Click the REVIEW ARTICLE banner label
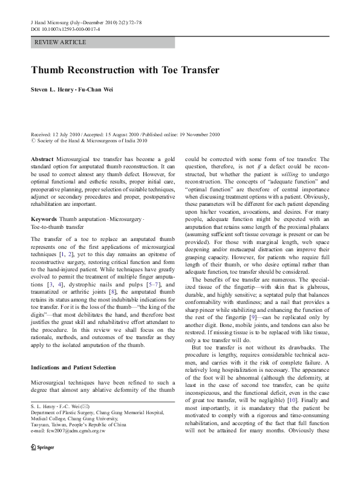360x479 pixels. pyautogui.click(x=61, y=42)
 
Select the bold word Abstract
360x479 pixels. pyautogui.click(x=42, y=158)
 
